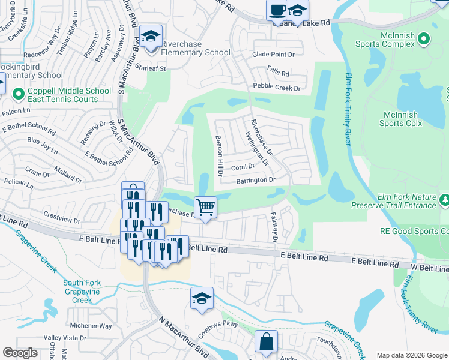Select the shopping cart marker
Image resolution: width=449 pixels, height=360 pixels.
pyautogui.click(x=205, y=207)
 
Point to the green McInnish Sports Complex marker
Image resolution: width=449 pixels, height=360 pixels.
pyautogui.click(x=423, y=40)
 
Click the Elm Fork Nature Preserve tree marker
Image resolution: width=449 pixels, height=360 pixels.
pyautogui.click(x=444, y=199)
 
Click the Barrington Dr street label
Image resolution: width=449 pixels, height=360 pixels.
pyautogui.click(x=255, y=179)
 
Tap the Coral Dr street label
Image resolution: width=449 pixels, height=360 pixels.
pyautogui.click(x=243, y=166)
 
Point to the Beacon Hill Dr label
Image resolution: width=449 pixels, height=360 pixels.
pyautogui.click(x=219, y=154)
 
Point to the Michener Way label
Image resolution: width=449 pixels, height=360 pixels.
pyautogui.click(x=90, y=326)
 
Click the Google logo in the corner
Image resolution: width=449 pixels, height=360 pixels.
pyautogui.click(x=20, y=353)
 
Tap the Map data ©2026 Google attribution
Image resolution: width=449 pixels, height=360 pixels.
pyautogui.click(x=412, y=355)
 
